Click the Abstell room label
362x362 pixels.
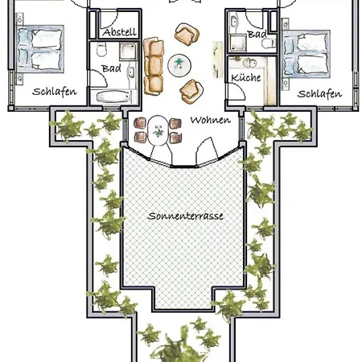(x=120, y=32)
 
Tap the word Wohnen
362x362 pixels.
(x=211, y=120)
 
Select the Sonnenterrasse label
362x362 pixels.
(x=186, y=216)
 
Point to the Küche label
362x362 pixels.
(x=246, y=78)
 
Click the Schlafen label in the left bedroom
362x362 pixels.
(x=55, y=92)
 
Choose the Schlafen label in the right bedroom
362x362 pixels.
(x=319, y=94)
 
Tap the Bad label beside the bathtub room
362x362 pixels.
(x=111, y=68)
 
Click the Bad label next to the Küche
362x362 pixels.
(x=257, y=35)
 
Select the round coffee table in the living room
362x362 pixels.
(x=179, y=65)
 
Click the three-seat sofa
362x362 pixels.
(x=154, y=66)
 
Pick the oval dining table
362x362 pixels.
(x=158, y=130)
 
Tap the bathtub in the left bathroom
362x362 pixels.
(x=113, y=97)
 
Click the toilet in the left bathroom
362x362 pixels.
(x=101, y=49)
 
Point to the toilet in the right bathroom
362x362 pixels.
(x=269, y=43)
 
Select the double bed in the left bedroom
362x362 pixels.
(x=40, y=49)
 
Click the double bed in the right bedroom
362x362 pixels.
(x=306, y=54)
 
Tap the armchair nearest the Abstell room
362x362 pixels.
(x=187, y=35)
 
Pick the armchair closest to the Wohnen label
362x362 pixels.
(x=191, y=92)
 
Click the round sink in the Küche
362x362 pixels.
(x=249, y=64)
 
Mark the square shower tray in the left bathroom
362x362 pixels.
(x=128, y=51)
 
